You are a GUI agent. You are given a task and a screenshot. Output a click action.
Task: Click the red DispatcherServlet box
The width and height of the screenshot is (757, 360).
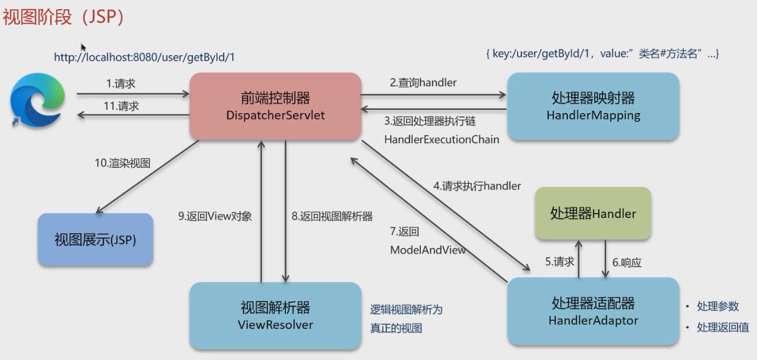click(x=275, y=106)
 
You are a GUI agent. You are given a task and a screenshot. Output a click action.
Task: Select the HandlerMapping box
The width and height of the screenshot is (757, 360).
click(x=593, y=106)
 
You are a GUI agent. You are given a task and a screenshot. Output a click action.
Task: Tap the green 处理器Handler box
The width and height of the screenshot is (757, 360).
click(x=593, y=213)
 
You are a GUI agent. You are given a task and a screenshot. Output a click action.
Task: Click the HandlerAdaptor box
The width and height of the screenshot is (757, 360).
click(x=593, y=311)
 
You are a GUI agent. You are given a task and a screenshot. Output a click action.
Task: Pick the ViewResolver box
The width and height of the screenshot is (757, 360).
click(x=275, y=315)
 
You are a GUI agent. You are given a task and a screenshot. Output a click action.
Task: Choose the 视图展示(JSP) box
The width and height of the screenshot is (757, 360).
click(x=95, y=239)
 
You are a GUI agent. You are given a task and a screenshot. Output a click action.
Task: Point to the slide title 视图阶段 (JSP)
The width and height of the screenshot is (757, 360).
click(x=63, y=17)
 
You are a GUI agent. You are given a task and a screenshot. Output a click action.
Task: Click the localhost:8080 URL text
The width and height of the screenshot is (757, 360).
click(x=144, y=57)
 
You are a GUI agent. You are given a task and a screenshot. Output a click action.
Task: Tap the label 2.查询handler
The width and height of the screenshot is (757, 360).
click(x=423, y=82)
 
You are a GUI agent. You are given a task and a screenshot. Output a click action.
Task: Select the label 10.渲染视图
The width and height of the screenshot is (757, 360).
click(x=122, y=163)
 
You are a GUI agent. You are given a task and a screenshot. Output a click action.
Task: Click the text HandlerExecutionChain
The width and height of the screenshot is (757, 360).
click(x=442, y=139)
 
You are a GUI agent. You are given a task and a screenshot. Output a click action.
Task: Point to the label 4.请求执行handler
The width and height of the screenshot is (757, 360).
click(x=477, y=186)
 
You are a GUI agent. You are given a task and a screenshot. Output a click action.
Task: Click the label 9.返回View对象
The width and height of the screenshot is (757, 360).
click(x=215, y=216)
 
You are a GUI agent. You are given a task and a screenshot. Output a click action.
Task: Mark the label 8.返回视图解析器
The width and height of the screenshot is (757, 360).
click(x=332, y=216)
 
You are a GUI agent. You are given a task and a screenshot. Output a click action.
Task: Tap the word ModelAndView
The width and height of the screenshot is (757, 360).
click(x=427, y=250)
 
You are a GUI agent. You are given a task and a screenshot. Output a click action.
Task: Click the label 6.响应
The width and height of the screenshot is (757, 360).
click(x=626, y=262)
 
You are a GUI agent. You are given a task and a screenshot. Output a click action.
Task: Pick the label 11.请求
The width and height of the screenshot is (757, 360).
click(x=121, y=106)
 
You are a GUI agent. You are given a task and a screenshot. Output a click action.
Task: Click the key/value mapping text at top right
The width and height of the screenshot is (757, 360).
click(x=602, y=54)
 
